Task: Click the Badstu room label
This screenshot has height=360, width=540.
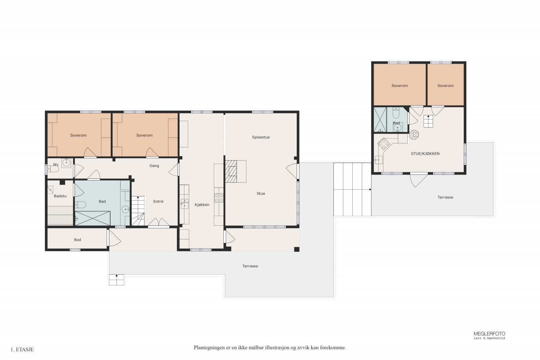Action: (60, 196)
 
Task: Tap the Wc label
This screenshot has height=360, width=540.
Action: (56, 165)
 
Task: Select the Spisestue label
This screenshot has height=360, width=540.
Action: (261, 137)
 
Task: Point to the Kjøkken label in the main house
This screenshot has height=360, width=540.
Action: (202, 205)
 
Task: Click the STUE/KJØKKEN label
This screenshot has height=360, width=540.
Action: (425, 154)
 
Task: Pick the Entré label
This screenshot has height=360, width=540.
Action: (158, 201)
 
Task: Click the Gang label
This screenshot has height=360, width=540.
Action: (154, 166)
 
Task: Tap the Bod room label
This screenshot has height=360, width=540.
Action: (77, 240)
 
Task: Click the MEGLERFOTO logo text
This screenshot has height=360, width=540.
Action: (489, 334)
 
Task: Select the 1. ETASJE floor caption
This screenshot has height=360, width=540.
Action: (22, 350)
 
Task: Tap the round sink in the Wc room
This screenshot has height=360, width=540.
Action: (66, 163)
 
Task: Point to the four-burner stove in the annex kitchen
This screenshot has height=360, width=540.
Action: (384, 144)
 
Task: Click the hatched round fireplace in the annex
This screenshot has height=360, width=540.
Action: (414, 135)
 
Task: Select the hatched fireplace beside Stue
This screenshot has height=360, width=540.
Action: (231, 171)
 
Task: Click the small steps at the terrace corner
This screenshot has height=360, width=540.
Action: (116, 280)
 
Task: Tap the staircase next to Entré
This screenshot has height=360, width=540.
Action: (138, 211)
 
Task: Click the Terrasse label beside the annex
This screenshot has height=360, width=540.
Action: (445, 197)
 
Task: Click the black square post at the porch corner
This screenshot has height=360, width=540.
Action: (297, 249)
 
